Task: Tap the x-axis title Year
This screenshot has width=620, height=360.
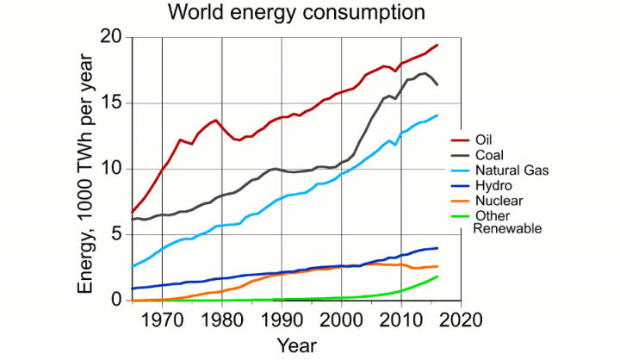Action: [x=298, y=345]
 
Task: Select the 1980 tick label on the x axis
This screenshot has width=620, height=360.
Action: [x=222, y=319]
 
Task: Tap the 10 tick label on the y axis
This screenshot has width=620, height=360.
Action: [x=112, y=169]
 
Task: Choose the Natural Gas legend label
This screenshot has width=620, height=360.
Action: [x=512, y=170]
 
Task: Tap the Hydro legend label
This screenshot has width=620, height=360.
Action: [x=493, y=185]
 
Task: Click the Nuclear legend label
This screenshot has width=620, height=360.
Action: [x=498, y=201]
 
